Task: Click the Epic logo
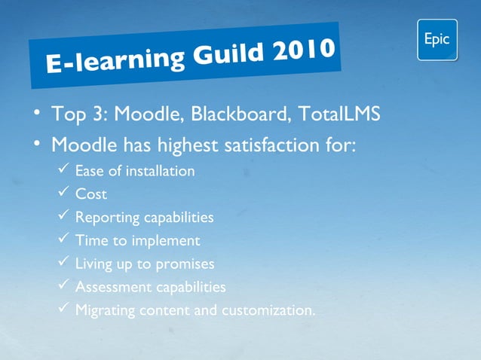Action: click(x=437, y=40)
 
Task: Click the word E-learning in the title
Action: click(x=110, y=63)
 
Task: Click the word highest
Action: click(x=185, y=145)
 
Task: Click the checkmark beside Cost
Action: click(x=64, y=193)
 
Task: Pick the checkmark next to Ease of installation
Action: click(x=64, y=169)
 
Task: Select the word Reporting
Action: click(x=106, y=218)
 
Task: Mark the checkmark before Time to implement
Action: click(x=64, y=239)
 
